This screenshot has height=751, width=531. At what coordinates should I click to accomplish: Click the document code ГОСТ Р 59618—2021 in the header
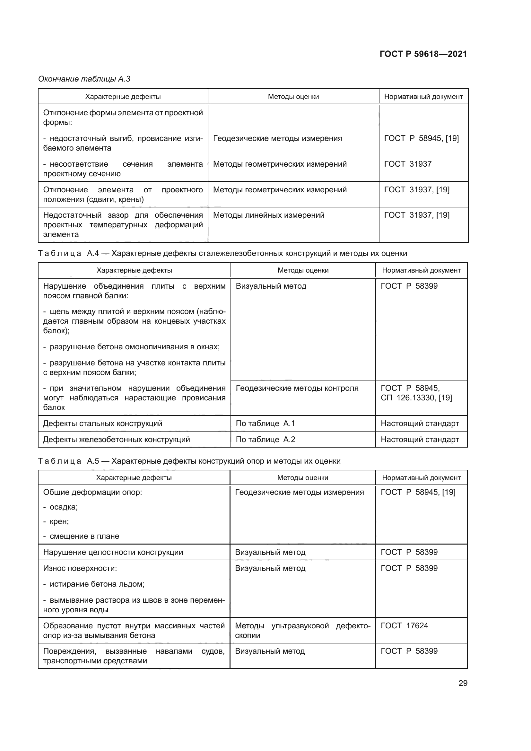tap(423, 54)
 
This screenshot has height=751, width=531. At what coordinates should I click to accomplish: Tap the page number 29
tap(463, 683)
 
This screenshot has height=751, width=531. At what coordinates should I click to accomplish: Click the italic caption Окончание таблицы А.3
tap(84, 79)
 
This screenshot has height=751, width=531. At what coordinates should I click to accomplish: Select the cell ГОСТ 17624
tap(404, 625)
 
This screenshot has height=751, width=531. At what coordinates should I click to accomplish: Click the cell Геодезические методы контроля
tap(297, 388)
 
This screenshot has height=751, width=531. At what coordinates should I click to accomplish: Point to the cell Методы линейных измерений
tap(268, 215)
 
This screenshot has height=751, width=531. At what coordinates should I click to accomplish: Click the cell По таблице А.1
tap(265, 424)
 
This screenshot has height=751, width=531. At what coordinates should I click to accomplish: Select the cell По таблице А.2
tap(265, 440)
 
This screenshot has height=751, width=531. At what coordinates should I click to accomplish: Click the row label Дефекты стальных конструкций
tap(102, 424)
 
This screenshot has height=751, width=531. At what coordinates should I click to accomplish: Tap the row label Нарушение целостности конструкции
tap(113, 552)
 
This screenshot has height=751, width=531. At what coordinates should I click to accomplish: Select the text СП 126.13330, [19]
tap(416, 398)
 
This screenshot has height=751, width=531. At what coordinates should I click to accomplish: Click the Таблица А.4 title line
tap(222, 254)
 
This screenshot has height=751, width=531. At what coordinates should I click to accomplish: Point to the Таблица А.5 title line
tap(189, 461)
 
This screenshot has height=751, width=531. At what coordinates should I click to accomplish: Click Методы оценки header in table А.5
tap(302, 478)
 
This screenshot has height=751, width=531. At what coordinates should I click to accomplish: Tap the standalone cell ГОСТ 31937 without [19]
tap(407, 164)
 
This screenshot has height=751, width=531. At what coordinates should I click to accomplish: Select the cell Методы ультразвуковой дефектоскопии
tap(302, 630)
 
